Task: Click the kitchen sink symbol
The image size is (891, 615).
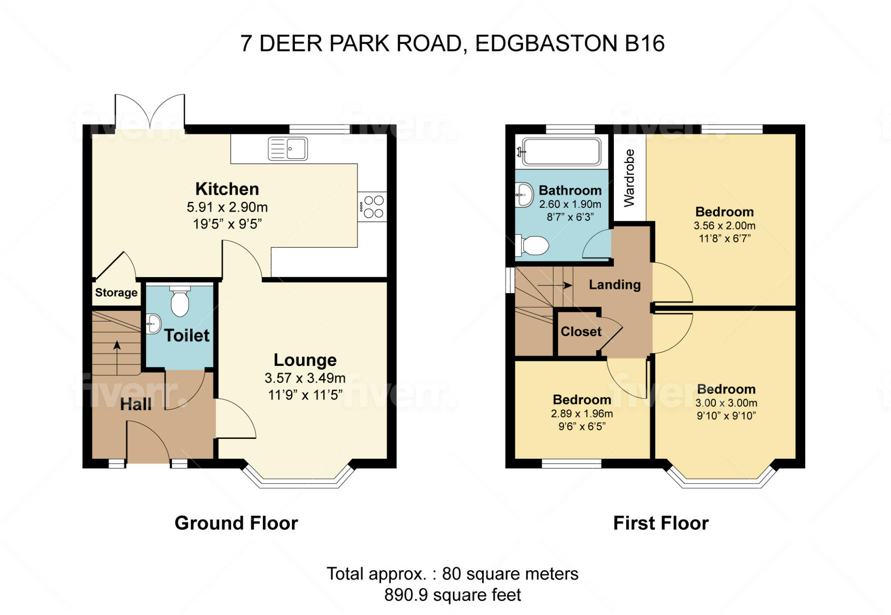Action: coord(288,148)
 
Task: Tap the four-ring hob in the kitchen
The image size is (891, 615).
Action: coord(372,207)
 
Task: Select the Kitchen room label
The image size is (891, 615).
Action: coord(227,189)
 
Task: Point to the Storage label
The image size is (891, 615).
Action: coord(116,293)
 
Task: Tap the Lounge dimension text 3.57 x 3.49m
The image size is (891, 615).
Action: coord(305,378)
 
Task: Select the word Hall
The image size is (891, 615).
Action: coord(136,404)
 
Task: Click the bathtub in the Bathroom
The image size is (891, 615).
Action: coord(560,152)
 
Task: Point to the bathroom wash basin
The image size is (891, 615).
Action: coord(524,195)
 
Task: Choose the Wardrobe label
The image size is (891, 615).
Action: coord(629,178)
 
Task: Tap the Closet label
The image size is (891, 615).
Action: coord(581,332)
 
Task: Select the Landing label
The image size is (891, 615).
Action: coord(615,285)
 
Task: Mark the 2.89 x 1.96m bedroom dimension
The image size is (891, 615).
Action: coord(582,414)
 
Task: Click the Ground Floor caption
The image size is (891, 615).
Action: coord(236,523)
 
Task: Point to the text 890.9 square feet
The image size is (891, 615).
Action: coord(452,595)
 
